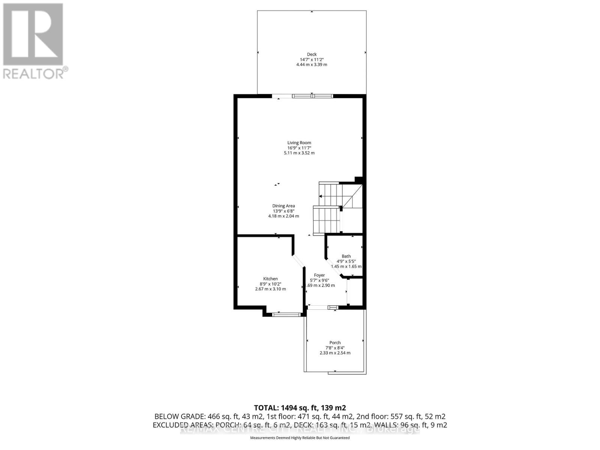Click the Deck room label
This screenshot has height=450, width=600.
pyautogui.click(x=312, y=54)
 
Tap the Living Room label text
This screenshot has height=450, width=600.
pyautogui.click(x=299, y=142)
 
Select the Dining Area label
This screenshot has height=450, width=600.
pyautogui.click(x=283, y=206)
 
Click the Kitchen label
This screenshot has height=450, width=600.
pyautogui.click(x=270, y=279)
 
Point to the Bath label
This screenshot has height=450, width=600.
pyautogui.click(x=346, y=256)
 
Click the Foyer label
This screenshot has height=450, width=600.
pyautogui.click(x=319, y=275)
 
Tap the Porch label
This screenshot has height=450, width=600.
pyautogui.click(x=335, y=342)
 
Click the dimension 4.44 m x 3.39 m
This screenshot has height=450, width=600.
pyautogui.click(x=312, y=64)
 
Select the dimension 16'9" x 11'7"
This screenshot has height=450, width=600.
pyautogui.click(x=299, y=148)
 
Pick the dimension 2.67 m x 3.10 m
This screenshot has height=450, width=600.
pyautogui.click(x=270, y=289)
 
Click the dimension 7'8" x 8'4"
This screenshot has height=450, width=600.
pyautogui.click(x=335, y=348)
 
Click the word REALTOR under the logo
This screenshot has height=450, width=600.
pyautogui.click(x=34, y=73)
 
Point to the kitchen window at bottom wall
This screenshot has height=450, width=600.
pyautogui.click(x=286, y=314)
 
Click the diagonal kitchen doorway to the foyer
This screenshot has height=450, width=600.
pyautogui.click(x=299, y=261)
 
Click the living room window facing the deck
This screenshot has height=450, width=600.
pyautogui.click(x=312, y=96)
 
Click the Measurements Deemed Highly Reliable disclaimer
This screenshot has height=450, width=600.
pyautogui.click(x=300, y=438)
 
